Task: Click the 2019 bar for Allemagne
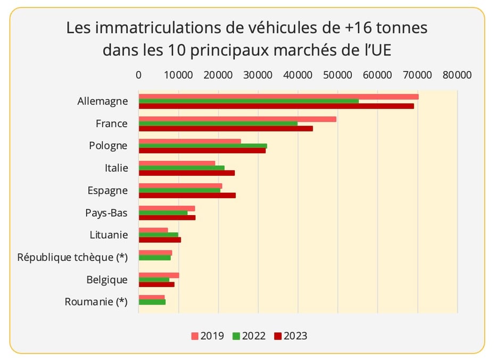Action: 278,96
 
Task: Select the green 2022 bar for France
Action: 218,124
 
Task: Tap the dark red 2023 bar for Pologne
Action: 202,151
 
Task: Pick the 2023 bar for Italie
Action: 186,173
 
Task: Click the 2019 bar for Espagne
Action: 180,186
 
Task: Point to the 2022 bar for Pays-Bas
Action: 163,213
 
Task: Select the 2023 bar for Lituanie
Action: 160,240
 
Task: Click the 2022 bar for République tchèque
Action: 155,258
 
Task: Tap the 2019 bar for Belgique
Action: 159,275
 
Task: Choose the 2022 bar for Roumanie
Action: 152,302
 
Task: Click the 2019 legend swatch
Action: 195,336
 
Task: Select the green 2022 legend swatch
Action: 236,336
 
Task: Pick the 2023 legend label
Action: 295,336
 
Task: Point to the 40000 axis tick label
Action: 298,75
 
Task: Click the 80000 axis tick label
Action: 457,75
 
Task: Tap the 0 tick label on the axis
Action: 139,75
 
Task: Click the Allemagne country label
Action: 102,101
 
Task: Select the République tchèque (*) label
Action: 72,257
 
